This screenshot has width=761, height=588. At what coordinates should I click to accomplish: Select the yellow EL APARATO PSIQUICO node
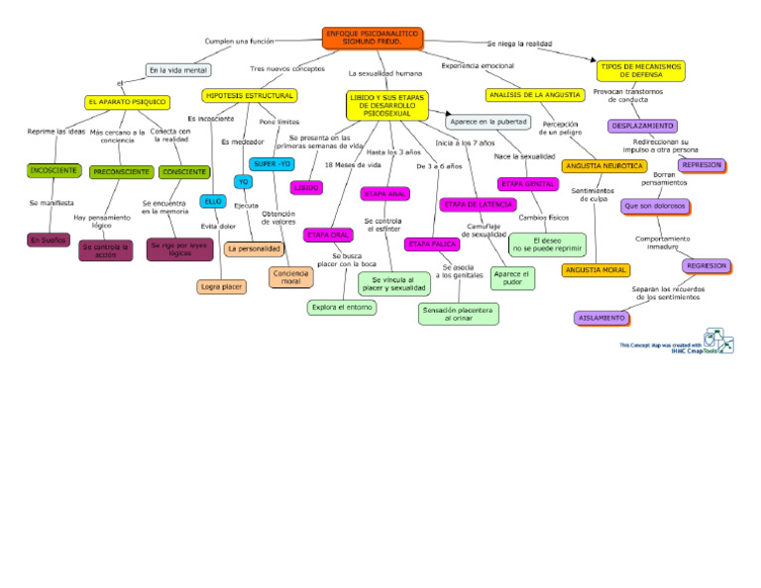127,102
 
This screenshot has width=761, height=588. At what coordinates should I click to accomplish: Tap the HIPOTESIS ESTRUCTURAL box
249,96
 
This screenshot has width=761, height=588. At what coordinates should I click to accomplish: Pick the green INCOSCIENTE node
54,170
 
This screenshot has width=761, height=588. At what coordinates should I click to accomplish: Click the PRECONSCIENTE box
121,172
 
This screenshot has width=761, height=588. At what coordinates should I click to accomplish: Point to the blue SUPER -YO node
272,163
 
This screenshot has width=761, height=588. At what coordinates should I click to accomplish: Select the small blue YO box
243,181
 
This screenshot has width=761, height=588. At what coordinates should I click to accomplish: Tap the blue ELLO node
213,201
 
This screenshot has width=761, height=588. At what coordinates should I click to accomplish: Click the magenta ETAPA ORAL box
327,235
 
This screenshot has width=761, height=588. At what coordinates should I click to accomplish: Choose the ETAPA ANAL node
385,194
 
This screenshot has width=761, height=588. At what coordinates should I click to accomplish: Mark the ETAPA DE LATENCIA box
478,205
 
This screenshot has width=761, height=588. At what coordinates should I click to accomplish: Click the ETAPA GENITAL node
527,184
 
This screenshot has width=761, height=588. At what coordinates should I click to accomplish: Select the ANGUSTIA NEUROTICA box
602,166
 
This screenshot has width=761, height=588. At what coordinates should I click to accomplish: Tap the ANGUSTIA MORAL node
595,270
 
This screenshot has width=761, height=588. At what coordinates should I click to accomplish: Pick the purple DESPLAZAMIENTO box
642,127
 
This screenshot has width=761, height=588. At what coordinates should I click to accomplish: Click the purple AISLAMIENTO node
601,318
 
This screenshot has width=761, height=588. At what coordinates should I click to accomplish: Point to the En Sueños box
48,240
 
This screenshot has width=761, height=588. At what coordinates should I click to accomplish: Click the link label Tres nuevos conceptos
287,69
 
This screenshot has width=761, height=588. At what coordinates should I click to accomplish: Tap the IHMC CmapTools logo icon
719,340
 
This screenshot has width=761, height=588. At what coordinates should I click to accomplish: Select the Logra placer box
222,287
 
